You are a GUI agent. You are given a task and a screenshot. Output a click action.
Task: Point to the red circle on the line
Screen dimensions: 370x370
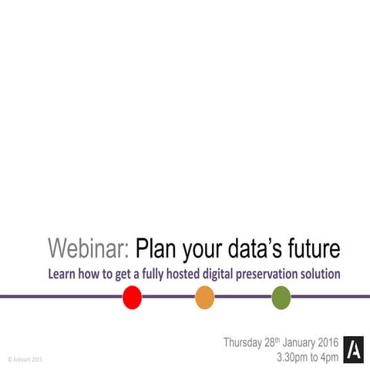click(133, 297)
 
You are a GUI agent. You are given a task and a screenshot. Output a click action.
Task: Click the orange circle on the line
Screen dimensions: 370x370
click(204, 297)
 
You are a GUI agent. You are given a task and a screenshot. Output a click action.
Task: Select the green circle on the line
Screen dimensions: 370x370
click(281, 297)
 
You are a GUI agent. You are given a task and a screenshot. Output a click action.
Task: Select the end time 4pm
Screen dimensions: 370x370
click(328, 358)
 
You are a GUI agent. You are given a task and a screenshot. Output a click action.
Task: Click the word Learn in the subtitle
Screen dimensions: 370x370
click(62, 274)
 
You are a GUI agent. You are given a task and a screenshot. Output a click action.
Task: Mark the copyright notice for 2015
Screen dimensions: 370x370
click(25, 359)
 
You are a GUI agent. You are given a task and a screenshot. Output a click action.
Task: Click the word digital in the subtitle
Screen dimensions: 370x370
click(217, 274)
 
